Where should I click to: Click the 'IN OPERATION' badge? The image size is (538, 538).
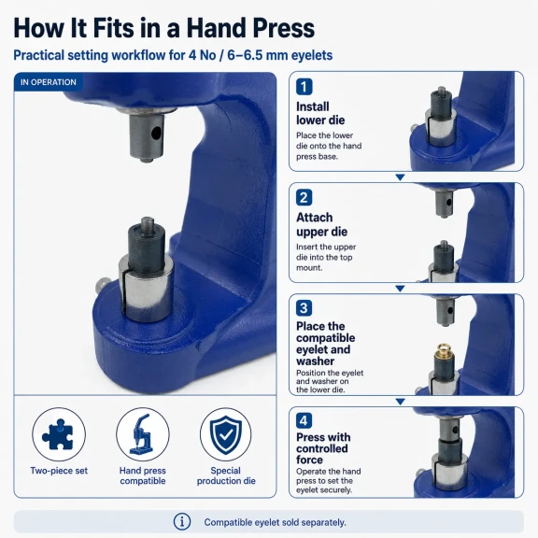pos(48,82)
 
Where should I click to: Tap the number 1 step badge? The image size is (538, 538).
pos(304,87)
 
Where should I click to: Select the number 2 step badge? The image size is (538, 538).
pos(304,198)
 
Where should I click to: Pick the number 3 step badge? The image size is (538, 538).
pos(304,308)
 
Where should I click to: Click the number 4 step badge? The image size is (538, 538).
pos(304,420)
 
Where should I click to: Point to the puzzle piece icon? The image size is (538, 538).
pos(58,434)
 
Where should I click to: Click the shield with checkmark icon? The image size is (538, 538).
pos(225,435)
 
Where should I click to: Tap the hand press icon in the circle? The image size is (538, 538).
pos(142,434)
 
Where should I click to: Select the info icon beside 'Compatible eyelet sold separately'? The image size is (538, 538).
pos(182,522)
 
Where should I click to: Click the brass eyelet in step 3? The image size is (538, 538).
pos(443,350)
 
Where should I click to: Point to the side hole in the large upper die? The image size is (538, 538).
pos(156,133)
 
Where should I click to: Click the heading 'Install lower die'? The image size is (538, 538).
pos(320,113)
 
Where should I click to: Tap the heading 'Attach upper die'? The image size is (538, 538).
pos(322,224)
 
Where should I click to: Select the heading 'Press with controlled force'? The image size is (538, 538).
pos(323,448)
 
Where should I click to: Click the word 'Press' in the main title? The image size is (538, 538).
pos(283,28)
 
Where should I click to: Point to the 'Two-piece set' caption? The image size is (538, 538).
pos(59,471)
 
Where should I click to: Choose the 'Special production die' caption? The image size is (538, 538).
pos(226,475)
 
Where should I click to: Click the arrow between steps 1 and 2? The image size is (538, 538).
pos(400,177)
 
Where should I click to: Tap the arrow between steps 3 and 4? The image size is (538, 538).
pos(400,401)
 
